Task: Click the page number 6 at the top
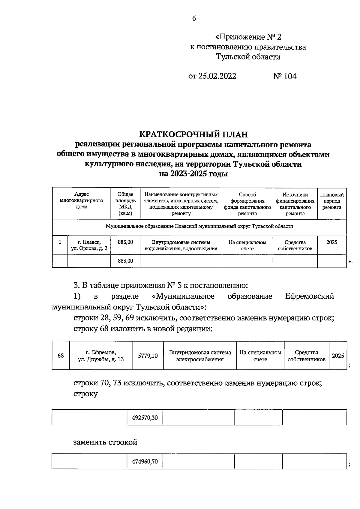pyautogui.click(x=194, y=19)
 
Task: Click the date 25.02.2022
pyautogui.click(x=217, y=76)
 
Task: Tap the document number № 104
pyautogui.click(x=285, y=76)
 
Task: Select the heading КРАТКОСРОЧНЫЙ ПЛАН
pyautogui.click(x=194, y=134)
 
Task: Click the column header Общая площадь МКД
pyautogui.click(x=125, y=204)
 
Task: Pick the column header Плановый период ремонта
pyautogui.click(x=331, y=201)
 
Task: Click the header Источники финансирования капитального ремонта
pyautogui.click(x=295, y=204)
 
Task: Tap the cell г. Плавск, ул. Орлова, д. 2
pyautogui.click(x=89, y=245)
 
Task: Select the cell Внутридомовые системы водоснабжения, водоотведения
pyautogui.click(x=181, y=245)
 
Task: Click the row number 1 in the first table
pyautogui.click(x=60, y=242)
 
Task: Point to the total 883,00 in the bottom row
pyautogui.click(x=125, y=261)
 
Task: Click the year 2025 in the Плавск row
pyautogui.click(x=331, y=242)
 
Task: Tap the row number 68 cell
pyautogui.click(x=61, y=356)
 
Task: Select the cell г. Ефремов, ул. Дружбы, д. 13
pyautogui.click(x=100, y=356)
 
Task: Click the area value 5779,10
pyautogui.click(x=148, y=356)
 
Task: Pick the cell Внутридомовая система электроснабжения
pyautogui.click(x=200, y=356)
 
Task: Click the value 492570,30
pyautogui.click(x=145, y=417)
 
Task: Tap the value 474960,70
pyautogui.click(x=145, y=461)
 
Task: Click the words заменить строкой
pyautogui.click(x=105, y=442)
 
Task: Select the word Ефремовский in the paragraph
pyautogui.click(x=309, y=296)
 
